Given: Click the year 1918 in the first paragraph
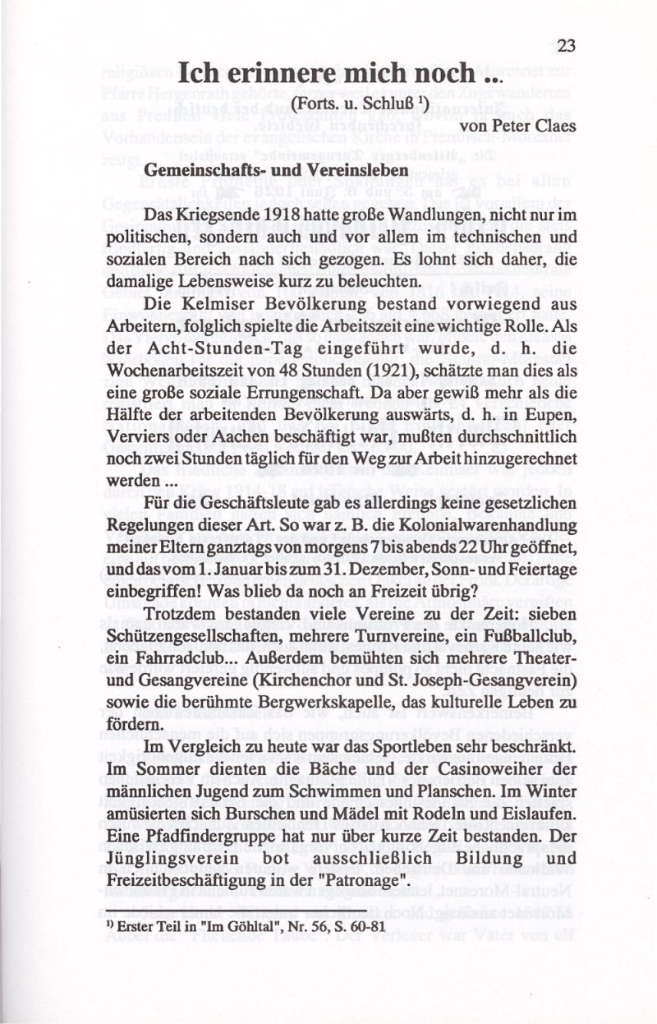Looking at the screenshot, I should tap(264, 214).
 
